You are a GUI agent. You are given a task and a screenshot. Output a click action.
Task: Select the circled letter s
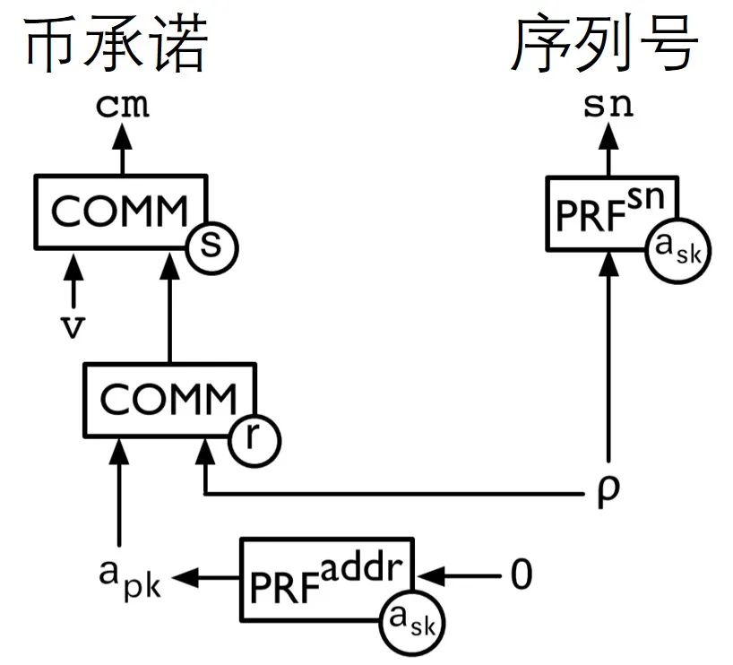(211, 245)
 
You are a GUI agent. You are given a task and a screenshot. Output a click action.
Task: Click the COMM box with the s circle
(116, 212)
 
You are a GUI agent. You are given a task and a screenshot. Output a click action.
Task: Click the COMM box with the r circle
(167, 400)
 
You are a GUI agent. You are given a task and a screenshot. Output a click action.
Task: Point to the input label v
(73, 327)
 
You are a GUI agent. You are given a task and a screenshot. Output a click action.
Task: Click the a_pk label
(129, 577)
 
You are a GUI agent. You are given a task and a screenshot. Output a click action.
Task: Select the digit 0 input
(521, 575)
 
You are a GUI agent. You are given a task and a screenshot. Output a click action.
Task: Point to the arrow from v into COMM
(73, 280)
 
